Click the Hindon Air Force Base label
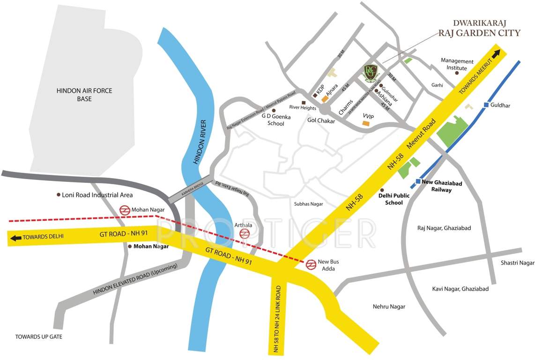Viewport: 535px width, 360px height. point(84,95)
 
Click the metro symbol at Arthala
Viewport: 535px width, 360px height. point(244,233)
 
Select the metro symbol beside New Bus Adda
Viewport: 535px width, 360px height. point(310,265)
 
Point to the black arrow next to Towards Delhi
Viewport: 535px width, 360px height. point(15,238)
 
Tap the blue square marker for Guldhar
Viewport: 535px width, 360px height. point(486,105)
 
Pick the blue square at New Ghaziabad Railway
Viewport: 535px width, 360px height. point(418,181)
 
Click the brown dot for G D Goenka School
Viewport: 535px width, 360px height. point(274,111)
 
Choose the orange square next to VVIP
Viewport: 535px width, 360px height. point(365,123)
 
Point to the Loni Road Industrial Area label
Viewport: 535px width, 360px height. point(97,195)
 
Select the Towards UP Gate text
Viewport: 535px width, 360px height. point(38,337)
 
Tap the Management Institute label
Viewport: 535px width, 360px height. point(457,65)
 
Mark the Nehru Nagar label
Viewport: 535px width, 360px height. point(389,307)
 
